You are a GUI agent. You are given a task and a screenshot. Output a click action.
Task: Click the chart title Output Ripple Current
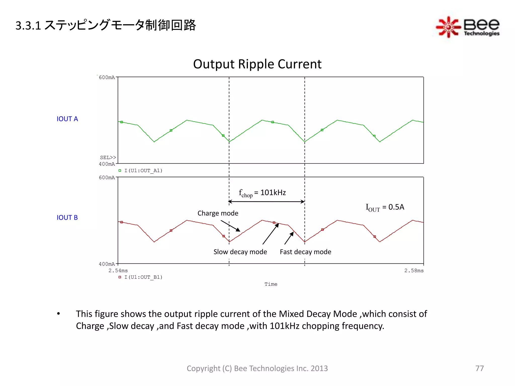tap(257, 64)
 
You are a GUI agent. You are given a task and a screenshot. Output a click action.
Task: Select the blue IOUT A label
tap(67, 119)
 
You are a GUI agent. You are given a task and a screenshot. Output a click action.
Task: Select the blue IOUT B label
tap(67, 218)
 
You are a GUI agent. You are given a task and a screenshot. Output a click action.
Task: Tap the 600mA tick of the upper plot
tap(107, 77)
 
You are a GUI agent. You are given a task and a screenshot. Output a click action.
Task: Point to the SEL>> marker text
tap(108, 158)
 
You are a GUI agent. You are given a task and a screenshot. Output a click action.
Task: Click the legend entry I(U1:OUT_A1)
tap(143, 171)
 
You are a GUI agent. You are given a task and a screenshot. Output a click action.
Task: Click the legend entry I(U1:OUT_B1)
tap(143, 277)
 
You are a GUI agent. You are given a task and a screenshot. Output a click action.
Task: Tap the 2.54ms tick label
tap(118, 271)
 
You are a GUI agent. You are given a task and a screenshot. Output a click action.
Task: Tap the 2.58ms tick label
tap(414, 271)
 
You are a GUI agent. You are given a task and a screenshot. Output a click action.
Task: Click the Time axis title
tap(271, 284)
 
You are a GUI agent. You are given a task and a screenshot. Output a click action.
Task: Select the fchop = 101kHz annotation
tap(262, 193)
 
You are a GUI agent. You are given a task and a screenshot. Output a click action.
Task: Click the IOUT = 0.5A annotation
tap(385, 207)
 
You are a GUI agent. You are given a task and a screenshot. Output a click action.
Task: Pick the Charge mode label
tap(218, 213)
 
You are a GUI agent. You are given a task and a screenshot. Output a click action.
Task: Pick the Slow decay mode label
tap(240, 252)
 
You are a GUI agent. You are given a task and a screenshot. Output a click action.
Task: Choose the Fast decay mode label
tap(305, 252)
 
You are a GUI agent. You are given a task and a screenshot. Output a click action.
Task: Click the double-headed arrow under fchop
tap(267, 202)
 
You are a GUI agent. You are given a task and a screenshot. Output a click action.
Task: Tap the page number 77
tap(479, 368)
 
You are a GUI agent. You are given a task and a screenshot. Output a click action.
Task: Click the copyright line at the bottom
tap(257, 368)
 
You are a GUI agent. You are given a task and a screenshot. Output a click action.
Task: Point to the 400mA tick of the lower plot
tap(107, 264)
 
